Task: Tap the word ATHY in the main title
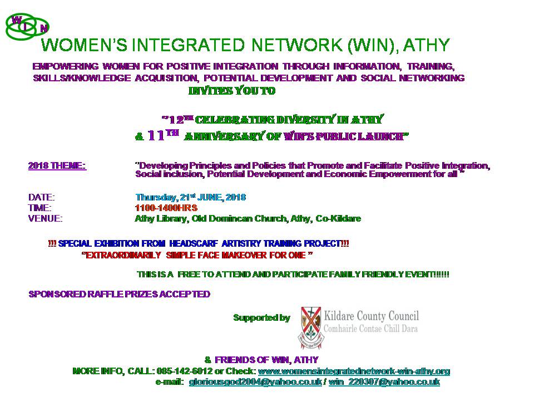pos(427,45)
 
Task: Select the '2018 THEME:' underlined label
pos(57,166)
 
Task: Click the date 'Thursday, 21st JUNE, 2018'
pos(191,197)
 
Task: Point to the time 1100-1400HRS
pos(166,208)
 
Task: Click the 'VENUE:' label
pos(45,218)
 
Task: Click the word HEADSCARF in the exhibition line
pos(194,243)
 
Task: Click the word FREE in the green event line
pos(189,275)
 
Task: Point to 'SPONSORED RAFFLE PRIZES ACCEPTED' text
pos(119,294)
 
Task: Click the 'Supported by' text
pos(261,318)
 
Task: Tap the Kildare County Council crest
pos(311,327)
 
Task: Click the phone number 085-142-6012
pos(185,371)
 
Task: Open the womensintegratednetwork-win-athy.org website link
pos(354,371)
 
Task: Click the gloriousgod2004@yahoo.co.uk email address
pos(255,382)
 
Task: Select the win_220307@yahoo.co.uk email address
pos(384,382)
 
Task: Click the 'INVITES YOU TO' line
pos(232,91)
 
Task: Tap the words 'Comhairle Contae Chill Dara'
pos(370,329)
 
